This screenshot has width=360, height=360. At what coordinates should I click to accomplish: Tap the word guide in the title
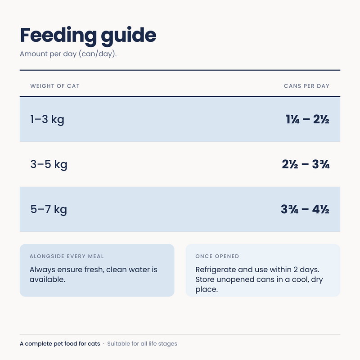pyautogui.click(x=129, y=36)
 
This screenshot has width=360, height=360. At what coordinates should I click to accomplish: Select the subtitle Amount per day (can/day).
pyautogui.click(x=68, y=54)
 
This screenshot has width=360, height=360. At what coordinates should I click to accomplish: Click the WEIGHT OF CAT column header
pyautogui.click(x=55, y=86)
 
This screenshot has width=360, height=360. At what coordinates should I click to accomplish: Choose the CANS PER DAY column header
pyautogui.click(x=306, y=86)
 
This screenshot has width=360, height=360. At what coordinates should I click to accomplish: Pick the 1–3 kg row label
pyautogui.click(x=47, y=120)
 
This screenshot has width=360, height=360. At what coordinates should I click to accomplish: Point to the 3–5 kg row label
pyautogui.click(x=49, y=165)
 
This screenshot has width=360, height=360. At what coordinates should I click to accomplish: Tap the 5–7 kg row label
pyautogui.click(x=49, y=210)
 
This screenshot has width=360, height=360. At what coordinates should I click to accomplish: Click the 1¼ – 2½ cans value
pyautogui.click(x=307, y=119)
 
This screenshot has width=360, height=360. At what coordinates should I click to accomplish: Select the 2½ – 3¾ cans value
pyautogui.click(x=306, y=164)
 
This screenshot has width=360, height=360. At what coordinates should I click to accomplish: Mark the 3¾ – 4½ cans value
pyautogui.click(x=305, y=209)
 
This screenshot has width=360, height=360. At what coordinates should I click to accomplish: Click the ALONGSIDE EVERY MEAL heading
pyautogui.click(x=67, y=256)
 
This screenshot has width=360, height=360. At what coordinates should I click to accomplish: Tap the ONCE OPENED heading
pyautogui.click(x=217, y=256)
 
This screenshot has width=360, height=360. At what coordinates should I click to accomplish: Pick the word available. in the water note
pyautogui.click(x=47, y=279)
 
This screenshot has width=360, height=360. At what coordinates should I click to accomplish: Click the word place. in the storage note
pyautogui.click(x=207, y=290)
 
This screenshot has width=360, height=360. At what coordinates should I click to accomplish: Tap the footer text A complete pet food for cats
pyautogui.click(x=60, y=344)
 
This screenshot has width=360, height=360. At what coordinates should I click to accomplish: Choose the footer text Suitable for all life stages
pyautogui.click(x=142, y=344)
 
